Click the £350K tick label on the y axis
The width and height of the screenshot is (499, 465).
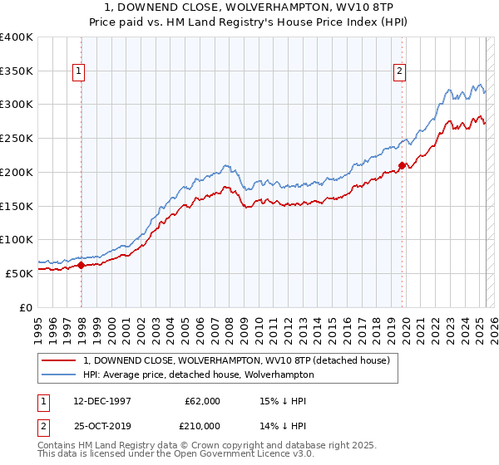click(17, 71)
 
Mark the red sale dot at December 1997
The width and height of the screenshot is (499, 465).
click(82, 266)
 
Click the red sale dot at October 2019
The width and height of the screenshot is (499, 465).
click(402, 165)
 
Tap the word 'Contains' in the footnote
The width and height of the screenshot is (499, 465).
click(57, 446)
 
